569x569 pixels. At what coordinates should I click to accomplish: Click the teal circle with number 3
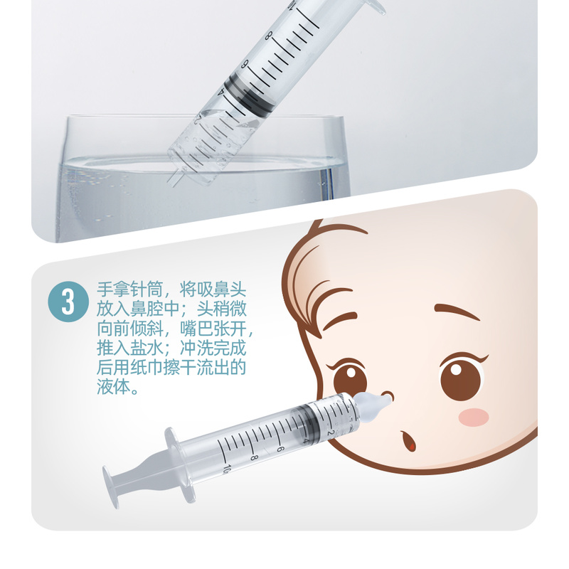coord(68,302)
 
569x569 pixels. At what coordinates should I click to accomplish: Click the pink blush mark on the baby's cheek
coord(473,416)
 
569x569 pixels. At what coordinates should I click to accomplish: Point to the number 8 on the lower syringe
coord(254,457)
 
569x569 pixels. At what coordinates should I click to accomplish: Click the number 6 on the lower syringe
coord(280,449)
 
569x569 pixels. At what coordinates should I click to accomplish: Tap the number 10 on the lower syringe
coord(226,469)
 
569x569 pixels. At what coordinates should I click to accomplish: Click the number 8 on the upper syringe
coord(268,36)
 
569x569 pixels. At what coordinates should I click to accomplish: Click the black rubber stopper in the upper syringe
coord(248,94)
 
